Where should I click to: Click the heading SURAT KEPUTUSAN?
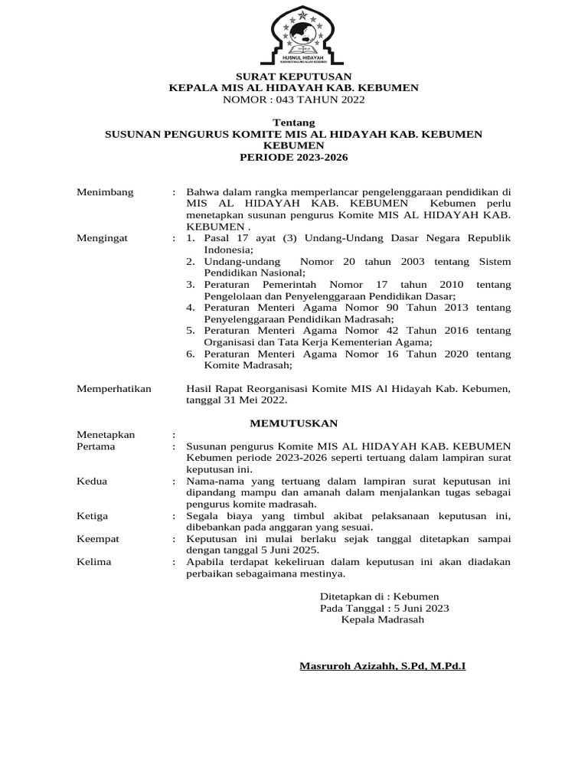293,76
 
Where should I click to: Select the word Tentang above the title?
293,122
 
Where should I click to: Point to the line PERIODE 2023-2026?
293,157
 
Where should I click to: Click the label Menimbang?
105,191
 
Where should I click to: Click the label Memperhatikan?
114,388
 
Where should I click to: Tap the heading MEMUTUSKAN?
295,423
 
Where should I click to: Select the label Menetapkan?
106,434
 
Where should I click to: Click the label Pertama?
96,446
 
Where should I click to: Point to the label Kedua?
92,481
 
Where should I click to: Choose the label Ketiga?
93,515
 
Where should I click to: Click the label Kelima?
94,561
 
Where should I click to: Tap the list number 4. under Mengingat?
191,307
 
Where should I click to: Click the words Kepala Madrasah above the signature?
382,619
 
